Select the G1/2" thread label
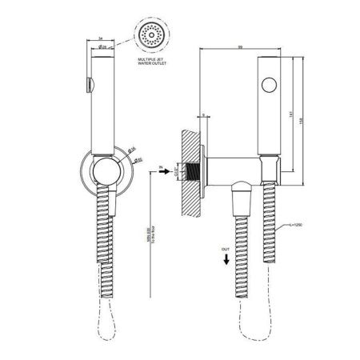[x=174, y=169]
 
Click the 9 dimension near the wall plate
[x=204, y=116]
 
